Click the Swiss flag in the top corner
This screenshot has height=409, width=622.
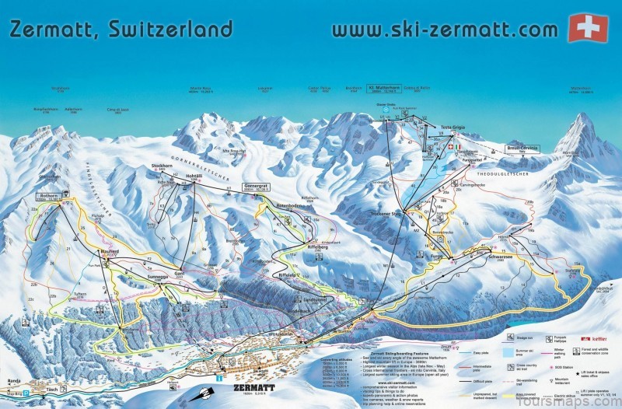coord(587,28)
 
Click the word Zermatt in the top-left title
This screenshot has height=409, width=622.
coord(54,30)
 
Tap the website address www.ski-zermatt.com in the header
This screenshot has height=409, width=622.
coord(444,30)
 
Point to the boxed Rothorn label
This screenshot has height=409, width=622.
coord(48,197)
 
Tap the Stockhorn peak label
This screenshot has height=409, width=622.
coord(162,166)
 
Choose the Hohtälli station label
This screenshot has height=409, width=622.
coord(200,177)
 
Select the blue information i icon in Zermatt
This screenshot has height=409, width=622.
coord(219,377)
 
